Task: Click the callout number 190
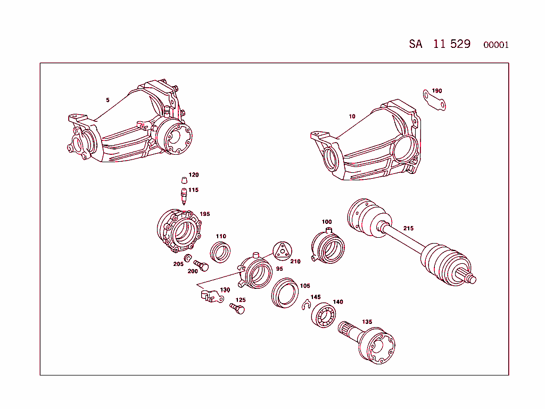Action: click(436, 91)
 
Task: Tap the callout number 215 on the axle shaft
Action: click(408, 228)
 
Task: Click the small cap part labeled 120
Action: click(183, 179)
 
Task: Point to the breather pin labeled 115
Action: click(184, 196)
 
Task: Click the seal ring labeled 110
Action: click(220, 251)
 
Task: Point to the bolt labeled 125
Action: click(237, 308)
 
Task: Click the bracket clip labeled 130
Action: click(210, 296)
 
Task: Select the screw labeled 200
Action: click(201, 265)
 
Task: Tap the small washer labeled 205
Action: click(188, 258)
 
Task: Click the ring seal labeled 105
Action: click(284, 293)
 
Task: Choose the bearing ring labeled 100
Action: click(327, 246)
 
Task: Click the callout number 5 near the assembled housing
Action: click(108, 100)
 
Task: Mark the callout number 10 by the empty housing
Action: click(352, 116)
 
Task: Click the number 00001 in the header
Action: click(496, 45)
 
